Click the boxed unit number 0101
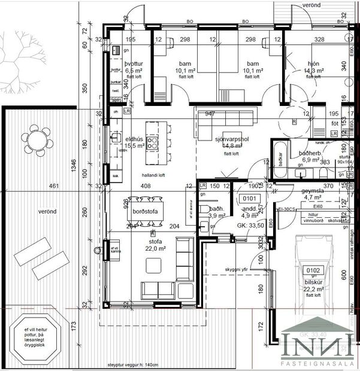(x=249, y=197)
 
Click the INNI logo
(x=318, y=346)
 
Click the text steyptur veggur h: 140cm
(x=134, y=364)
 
